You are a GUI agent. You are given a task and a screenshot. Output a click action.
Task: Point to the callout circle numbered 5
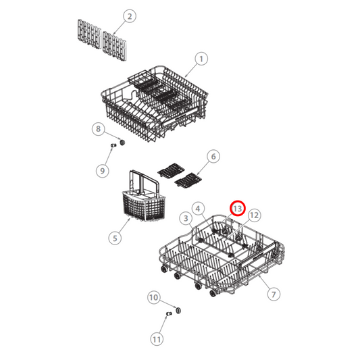coord(115,237)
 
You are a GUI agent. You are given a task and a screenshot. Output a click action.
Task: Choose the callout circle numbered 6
coord(213,157)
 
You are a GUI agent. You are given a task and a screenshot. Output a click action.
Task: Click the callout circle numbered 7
coord(274,294)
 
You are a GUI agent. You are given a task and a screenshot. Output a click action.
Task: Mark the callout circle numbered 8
coord(99,128)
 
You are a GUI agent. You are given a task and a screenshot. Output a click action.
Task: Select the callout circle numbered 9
coord(103,170)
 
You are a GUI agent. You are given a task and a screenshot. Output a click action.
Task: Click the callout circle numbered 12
coord(253,215)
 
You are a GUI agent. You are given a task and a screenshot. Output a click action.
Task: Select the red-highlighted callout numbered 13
coord(238,208)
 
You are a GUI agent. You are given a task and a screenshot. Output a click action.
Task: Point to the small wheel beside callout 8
coord(122,142)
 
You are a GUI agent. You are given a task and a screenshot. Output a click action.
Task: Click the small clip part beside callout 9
coord(114,145)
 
